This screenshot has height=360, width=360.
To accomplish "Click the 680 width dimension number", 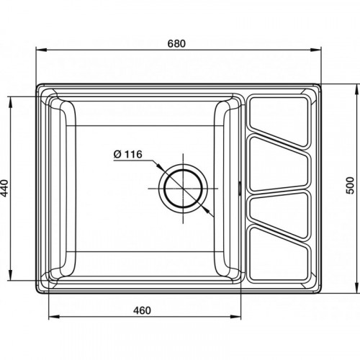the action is (176, 43).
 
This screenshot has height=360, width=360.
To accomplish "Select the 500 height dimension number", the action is (351, 185).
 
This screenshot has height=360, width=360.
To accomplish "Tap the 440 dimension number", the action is (4, 188).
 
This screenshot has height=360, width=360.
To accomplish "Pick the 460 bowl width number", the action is (142, 310).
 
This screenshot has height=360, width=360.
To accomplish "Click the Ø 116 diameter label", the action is (128, 154).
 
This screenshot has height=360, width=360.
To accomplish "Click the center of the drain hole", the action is (183, 189).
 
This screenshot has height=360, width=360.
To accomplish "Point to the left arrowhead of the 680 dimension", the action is (41, 50).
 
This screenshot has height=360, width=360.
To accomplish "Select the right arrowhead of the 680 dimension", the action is (316, 50).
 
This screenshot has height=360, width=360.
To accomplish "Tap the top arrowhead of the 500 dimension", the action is (356, 90).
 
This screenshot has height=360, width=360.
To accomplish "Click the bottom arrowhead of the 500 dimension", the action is (356, 287).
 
